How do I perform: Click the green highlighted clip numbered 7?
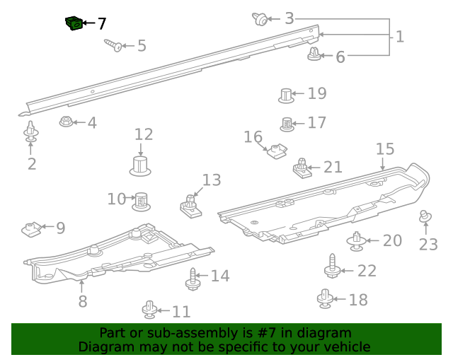(x=72, y=24)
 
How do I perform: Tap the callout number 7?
(x=102, y=23)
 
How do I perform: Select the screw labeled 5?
(x=113, y=45)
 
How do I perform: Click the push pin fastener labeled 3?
(x=261, y=19)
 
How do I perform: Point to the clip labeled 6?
(x=314, y=54)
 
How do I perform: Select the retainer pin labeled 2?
(x=31, y=132)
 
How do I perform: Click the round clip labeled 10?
(x=142, y=201)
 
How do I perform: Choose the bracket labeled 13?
(x=189, y=205)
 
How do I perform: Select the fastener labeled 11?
(x=149, y=309)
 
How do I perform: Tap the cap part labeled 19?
(x=285, y=95)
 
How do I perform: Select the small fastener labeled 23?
(x=425, y=217)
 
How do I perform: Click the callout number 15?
(x=384, y=149)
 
